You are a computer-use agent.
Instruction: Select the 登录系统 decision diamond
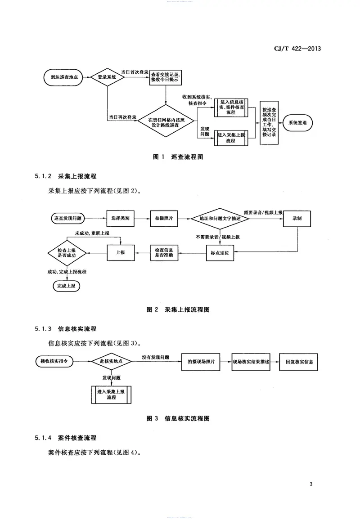(107, 77)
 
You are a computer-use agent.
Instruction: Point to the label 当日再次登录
(122, 117)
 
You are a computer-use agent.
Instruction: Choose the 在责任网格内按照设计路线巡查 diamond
(166, 122)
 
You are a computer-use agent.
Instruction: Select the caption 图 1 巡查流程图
(180, 157)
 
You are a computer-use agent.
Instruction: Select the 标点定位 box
(220, 254)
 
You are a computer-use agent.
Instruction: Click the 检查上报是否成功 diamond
(68, 254)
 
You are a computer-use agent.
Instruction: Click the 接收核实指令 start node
(54, 361)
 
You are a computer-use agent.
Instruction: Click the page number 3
(311, 484)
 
